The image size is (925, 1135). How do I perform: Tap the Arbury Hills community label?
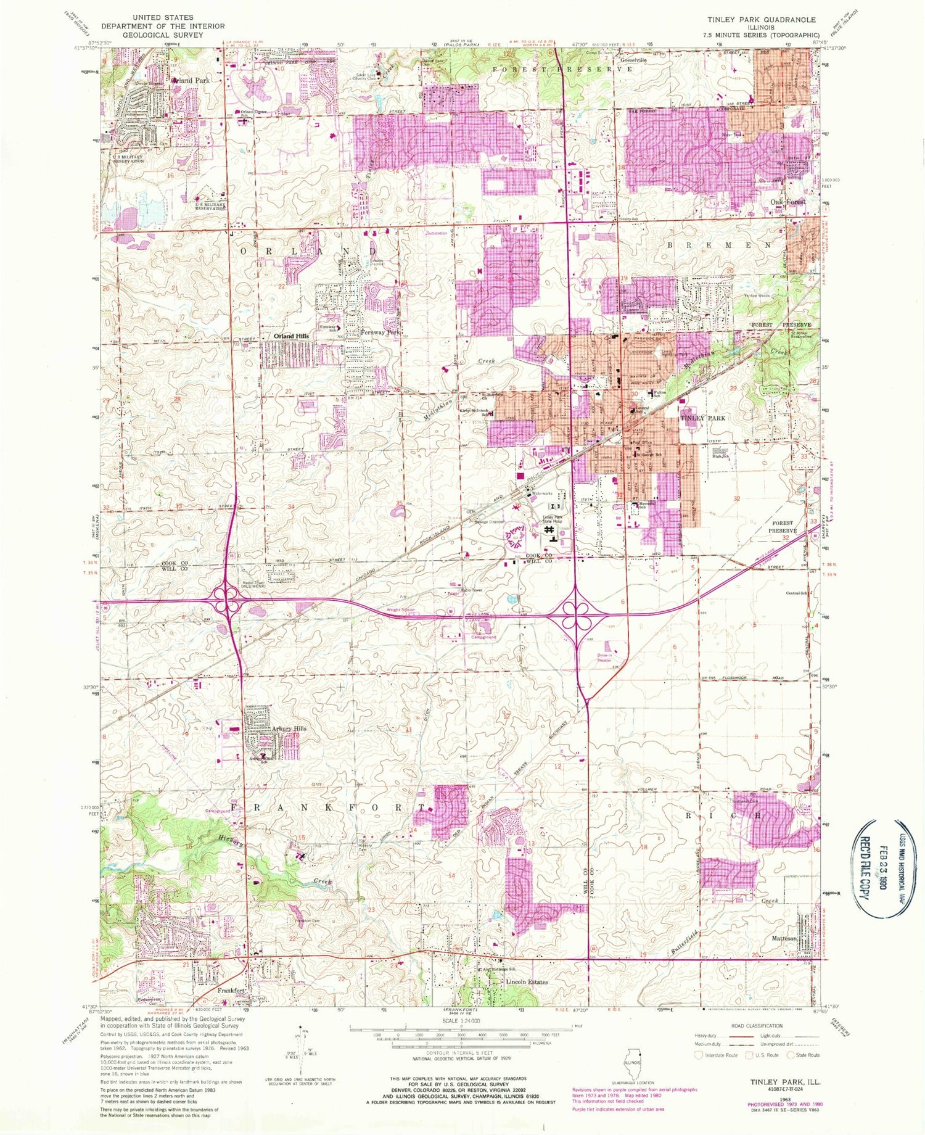[x=289, y=728]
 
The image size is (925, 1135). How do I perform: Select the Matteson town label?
[x=785, y=938]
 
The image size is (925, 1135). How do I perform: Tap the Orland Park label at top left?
[x=191, y=81]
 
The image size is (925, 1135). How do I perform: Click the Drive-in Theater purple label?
[x=604, y=657]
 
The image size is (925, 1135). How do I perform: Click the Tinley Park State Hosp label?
[x=553, y=519]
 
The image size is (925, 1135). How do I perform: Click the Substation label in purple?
[x=437, y=234]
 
